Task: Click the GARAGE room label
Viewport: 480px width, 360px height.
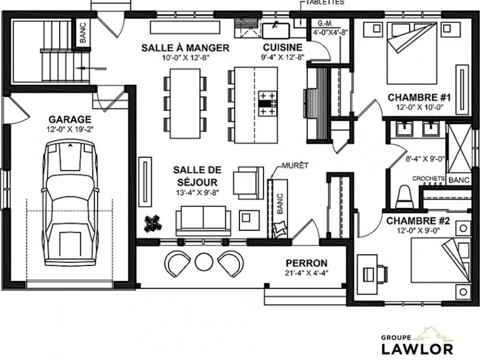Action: (x=70, y=119)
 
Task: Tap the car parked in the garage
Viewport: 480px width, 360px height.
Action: (x=70, y=203)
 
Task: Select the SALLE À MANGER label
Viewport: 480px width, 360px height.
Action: (x=185, y=48)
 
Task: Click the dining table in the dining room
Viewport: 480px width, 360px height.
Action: (x=185, y=103)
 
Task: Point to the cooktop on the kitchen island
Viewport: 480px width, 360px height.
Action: (x=268, y=103)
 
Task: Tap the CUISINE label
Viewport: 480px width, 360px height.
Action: (x=283, y=47)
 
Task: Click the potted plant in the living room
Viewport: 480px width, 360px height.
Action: (x=153, y=223)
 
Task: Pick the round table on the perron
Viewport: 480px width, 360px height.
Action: (x=204, y=262)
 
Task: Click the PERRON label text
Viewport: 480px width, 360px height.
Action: (x=306, y=263)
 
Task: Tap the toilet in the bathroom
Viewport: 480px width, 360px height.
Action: (x=404, y=197)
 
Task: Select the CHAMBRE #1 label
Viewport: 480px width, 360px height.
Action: (x=419, y=97)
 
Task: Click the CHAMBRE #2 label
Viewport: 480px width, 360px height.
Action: (x=418, y=221)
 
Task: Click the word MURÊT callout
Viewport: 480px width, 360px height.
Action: (x=295, y=166)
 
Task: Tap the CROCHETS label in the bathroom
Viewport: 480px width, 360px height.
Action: (x=429, y=178)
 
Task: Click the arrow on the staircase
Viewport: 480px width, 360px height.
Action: (x=91, y=69)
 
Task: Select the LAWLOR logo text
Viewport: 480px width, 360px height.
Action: (x=417, y=349)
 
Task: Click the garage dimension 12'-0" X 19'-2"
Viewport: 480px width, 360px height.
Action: (x=70, y=129)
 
